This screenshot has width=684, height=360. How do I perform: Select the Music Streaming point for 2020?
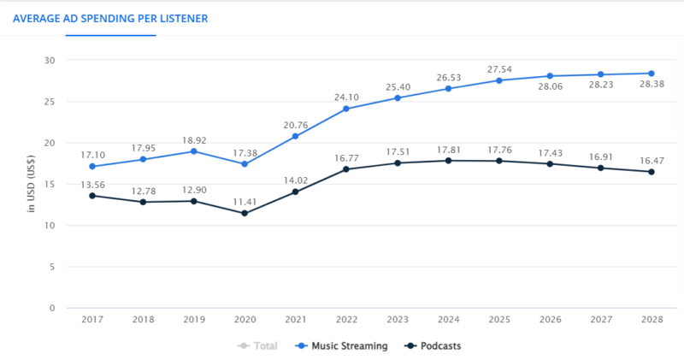245,164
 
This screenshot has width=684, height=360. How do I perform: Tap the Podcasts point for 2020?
245,213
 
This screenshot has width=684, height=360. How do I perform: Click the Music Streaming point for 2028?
652,74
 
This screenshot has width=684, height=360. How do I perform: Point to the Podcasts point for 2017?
92,196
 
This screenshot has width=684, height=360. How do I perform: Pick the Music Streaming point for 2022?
346,109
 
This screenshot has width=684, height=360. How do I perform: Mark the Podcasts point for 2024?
448,161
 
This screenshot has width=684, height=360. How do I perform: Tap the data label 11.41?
245,201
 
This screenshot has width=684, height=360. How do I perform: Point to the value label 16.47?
652,159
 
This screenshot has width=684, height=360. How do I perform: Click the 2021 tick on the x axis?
296,320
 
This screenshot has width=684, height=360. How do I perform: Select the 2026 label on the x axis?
550,320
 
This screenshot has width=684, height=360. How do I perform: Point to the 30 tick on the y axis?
50,61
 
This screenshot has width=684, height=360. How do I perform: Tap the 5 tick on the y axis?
52,267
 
